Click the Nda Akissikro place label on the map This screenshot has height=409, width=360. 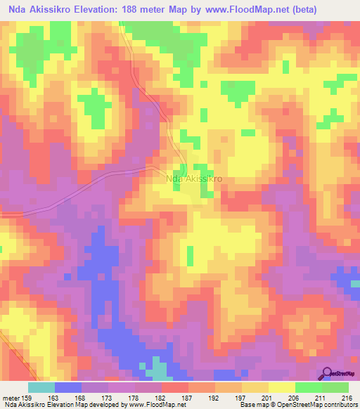pos(195,178)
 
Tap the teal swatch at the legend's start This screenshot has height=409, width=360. pos(41,387)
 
